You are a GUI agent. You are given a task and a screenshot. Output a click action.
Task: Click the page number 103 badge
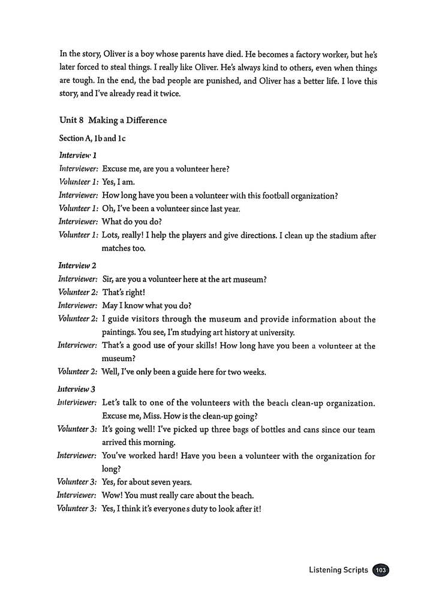tap(380, 570)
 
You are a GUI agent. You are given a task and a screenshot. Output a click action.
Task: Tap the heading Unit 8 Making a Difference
tap(113, 120)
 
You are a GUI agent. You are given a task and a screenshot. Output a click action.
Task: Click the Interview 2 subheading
tap(78, 265)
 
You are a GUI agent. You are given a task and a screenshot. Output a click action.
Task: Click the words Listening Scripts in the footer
tap(339, 570)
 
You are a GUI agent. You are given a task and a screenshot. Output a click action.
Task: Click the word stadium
tap(334, 236)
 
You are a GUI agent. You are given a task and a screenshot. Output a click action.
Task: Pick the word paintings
tap(122, 332)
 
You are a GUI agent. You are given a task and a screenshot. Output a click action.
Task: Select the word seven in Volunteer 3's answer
tap(173, 482)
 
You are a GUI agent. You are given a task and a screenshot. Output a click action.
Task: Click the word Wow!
tap(113, 495)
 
